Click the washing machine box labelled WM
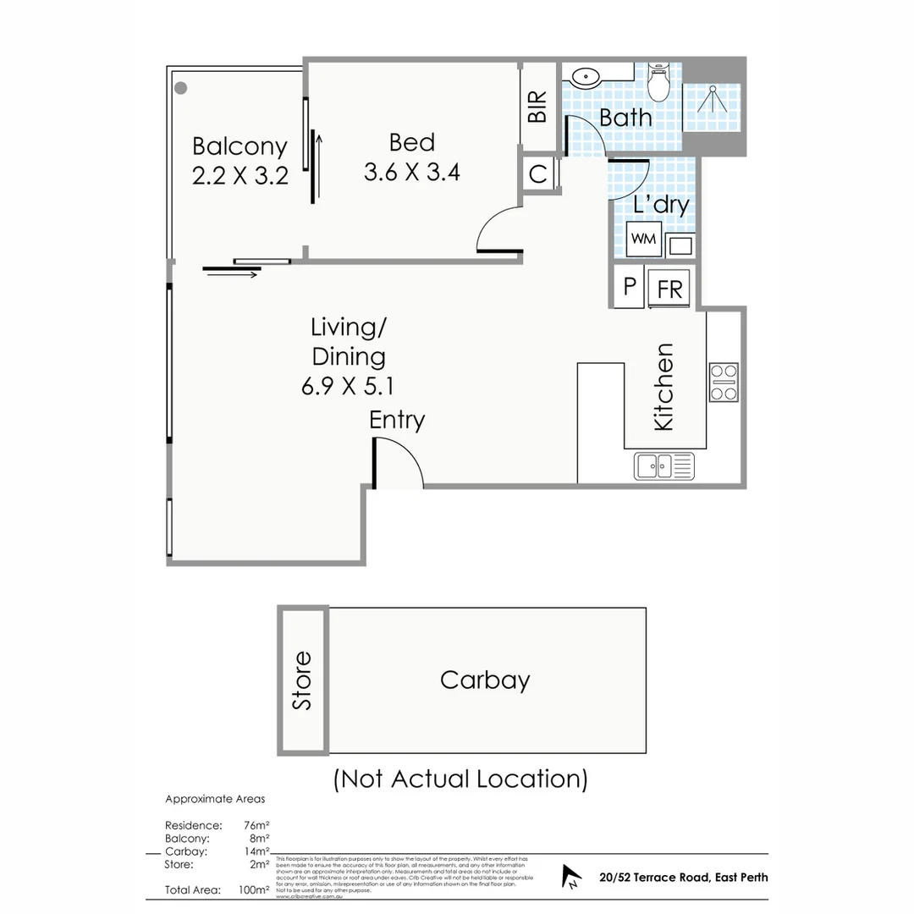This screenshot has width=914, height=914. click(x=643, y=240)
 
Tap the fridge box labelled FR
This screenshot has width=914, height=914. click(x=669, y=288)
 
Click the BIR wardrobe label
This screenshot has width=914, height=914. click(x=537, y=107)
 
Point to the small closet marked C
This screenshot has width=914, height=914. click(x=537, y=174)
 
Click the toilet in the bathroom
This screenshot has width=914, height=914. click(x=658, y=82)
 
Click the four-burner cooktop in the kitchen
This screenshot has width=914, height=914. click(x=724, y=382)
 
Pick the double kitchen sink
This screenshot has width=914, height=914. click(x=663, y=465)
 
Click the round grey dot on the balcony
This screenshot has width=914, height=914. click(x=181, y=87)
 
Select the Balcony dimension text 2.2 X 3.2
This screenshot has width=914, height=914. click(x=240, y=176)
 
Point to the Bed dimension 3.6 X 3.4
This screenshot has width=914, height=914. click(x=412, y=172)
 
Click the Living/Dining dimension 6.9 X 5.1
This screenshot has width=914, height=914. click(x=348, y=386)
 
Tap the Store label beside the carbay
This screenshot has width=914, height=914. click(x=302, y=680)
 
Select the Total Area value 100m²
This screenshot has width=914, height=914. click(x=254, y=890)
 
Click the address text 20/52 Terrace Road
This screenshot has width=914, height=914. click(x=682, y=877)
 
